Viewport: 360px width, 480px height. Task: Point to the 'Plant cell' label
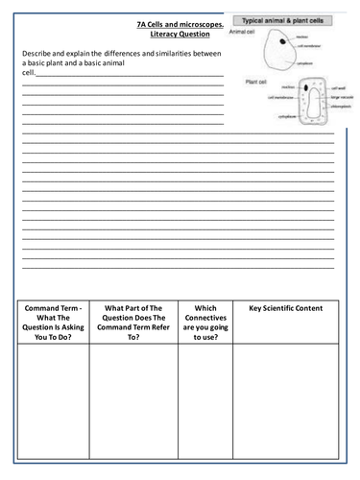click(x=257, y=82)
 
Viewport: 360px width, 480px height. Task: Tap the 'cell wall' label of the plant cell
click(x=335, y=89)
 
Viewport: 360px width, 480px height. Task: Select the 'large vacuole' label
click(x=340, y=97)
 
